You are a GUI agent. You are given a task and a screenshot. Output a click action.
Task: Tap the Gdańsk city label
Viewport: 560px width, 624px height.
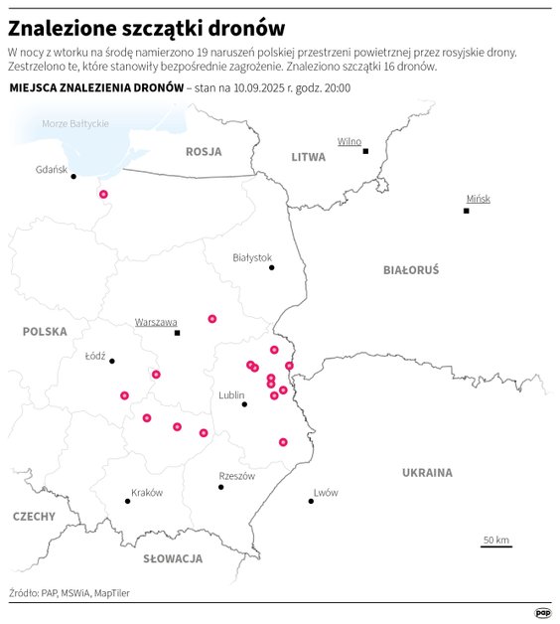[x=51, y=169]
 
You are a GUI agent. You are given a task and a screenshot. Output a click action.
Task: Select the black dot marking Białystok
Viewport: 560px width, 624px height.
[x=271, y=267]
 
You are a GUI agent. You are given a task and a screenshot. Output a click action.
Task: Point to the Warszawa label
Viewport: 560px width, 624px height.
[x=156, y=322]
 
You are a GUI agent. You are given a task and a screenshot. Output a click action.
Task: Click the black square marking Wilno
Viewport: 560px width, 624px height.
[x=365, y=151]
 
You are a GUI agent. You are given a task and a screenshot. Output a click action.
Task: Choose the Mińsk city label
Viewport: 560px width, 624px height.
[x=479, y=199]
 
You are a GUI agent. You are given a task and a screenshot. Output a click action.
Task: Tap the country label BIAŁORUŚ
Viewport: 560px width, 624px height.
[x=410, y=269]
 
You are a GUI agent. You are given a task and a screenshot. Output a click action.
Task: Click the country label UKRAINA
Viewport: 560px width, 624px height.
[x=427, y=473]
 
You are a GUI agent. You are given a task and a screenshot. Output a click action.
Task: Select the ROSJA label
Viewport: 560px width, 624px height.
[x=204, y=151]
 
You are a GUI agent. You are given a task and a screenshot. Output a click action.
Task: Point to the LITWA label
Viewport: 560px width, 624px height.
[x=308, y=157]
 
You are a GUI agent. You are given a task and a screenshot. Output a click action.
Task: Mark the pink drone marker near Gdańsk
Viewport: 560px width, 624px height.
[x=103, y=195]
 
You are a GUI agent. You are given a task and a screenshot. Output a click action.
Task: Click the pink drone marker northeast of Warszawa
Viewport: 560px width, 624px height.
[x=211, y=319]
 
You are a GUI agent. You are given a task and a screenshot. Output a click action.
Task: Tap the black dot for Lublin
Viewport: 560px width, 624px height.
[x=244, y=404]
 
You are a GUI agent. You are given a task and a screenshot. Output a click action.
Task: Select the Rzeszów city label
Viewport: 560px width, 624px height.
[x=236, y=476]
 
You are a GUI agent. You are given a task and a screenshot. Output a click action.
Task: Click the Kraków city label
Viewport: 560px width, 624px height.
[x=147, y=492]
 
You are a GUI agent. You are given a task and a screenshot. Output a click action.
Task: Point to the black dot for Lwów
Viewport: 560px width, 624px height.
[x=311, y=502]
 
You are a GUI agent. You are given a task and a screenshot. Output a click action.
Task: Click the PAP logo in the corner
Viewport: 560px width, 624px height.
[x=543, y=613]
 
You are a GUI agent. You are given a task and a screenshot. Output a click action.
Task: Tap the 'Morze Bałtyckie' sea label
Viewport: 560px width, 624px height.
[x=74, y=123]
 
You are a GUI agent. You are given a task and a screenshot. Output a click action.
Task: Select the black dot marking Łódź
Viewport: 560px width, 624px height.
[x=112, y=361]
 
